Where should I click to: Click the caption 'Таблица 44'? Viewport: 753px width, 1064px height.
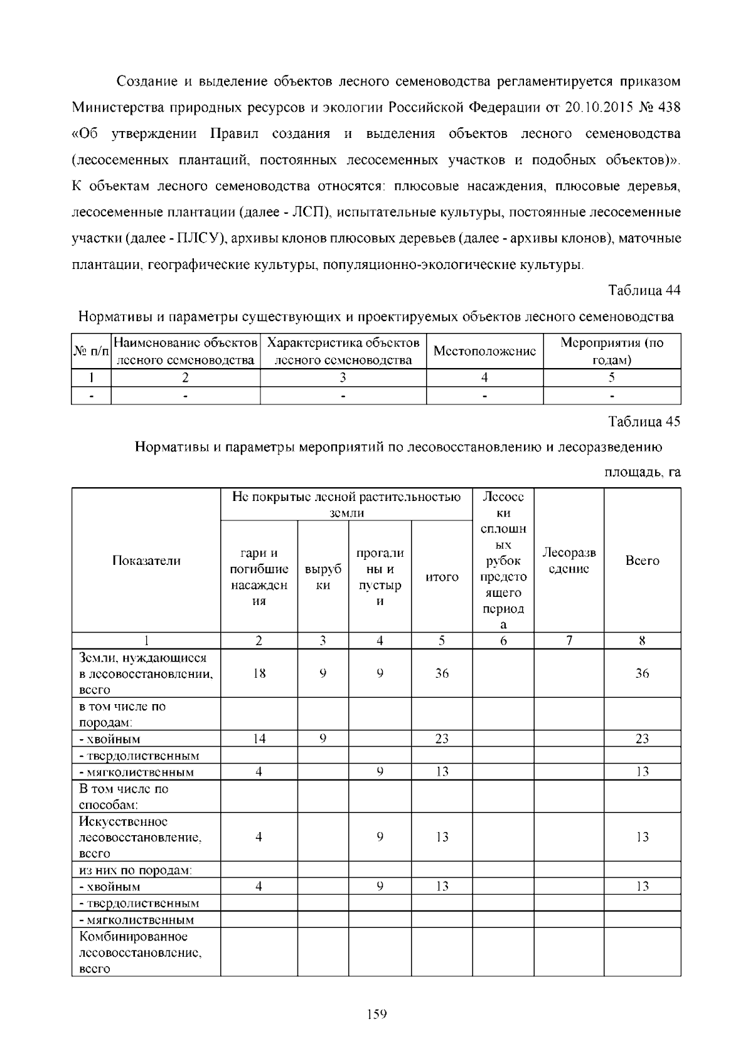pyautogui.click(x=644, y=290)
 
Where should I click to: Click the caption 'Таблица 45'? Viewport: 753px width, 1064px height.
pyautogui.click(x=644, y=421)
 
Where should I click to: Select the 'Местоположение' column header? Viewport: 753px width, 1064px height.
pyautogui.click(x=484, y=351)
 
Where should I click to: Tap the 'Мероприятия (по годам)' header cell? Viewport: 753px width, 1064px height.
pyautogui.click(x=612, y=351)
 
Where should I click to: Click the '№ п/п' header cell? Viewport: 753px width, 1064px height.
pyautogui.click(x=91, y=352)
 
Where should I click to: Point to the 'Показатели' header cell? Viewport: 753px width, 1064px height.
pyautogui.click(x=146, y=561)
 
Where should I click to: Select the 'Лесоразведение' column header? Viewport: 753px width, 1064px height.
pyautogui.click(x=569, y=561)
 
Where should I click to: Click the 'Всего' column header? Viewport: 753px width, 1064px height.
pyautogui.click(x=642, y=561)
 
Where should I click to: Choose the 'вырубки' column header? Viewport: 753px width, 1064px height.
pyautogui.click(x=323, y=577)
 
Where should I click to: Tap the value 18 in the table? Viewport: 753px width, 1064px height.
pyautogui.click(x=259, y=673)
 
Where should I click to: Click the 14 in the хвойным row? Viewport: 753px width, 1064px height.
pyautogui.click(x=259, y=739)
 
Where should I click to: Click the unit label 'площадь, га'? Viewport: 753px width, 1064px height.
pyautogui.click(x=643, y=471)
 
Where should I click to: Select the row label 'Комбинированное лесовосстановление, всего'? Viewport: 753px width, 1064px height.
pyautogui.click(x=141, y=952)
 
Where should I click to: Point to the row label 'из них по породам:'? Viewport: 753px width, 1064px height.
pyautogui.click(x=135, y=870)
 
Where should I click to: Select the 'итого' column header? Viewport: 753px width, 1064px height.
pyautogui.click(x=442, y=577)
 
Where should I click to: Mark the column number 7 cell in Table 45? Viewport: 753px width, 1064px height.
pyautogui.click(x=569, y=640)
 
